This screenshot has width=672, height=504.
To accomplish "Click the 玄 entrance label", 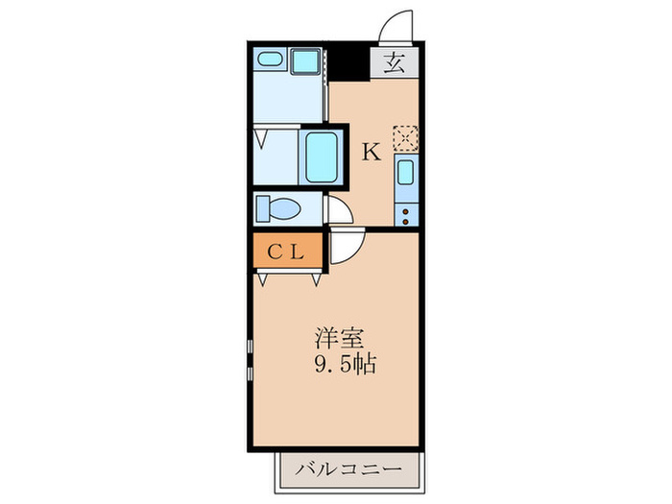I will pyautogui.click(x=394, y=65).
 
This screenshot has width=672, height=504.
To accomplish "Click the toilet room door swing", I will pyautogui.click(x=337, y=209).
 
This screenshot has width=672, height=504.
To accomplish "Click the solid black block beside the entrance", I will pyautogui.click(x=350, y=64).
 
